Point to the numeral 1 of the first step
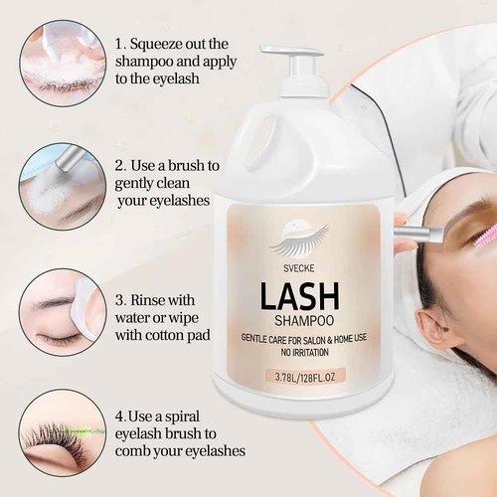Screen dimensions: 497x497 coord(120,45)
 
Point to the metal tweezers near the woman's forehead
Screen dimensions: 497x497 coord(420,235)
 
